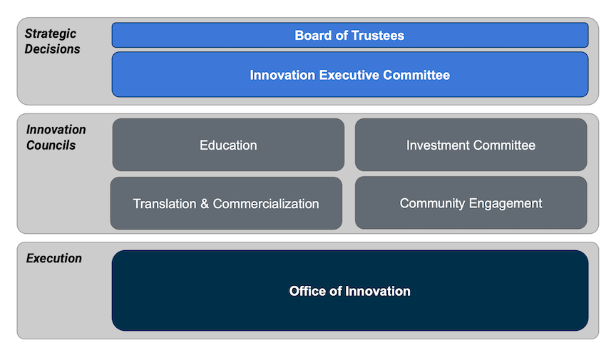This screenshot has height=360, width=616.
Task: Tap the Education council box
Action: (x=228, y=145)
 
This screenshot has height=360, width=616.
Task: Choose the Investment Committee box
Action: (x=471, y=145)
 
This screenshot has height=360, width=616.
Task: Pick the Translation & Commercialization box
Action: (x=226, y=203)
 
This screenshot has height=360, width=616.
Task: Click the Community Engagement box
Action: (x=471, y=203)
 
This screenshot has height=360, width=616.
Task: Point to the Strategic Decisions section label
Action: (x=53, y=41)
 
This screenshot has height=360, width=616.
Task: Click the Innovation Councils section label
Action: (x=56, y=137)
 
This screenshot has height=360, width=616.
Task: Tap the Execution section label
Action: (x=54, y=258)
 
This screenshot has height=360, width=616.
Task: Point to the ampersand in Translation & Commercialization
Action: (x=204, y=204)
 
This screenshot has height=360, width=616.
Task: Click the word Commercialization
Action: (x=266, y=204)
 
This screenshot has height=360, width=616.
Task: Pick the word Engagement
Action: (x=505, y=204)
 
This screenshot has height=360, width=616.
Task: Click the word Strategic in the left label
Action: (x=51, y=34)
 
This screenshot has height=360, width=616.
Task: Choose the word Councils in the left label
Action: (x=51, y=145)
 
